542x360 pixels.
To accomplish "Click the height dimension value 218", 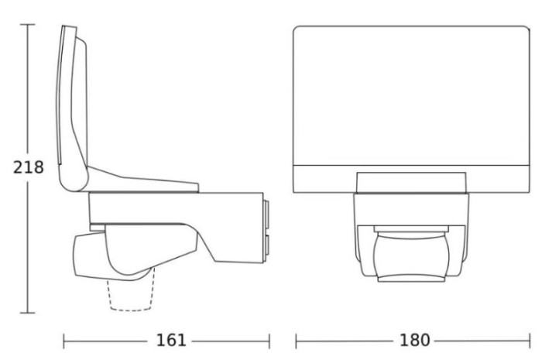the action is pyautogui.click(x=29, y=167).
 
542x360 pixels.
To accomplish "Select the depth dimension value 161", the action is pyautogui.click(x=171, y=341).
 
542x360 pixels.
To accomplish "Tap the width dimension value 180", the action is pyautogui.click(x=414, y=341).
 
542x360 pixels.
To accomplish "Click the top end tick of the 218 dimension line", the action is pyautogui.click(x=28, y=25).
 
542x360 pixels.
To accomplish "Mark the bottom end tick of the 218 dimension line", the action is pyautogui.click(x=28, y=313).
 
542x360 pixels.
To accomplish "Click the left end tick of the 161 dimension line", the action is pyautogui.click(x=64, y=341).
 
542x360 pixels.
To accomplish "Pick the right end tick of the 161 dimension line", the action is pyautogui.click(x=269, y=341).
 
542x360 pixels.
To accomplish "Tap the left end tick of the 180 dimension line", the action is pyautogui.click(x=297, y=341).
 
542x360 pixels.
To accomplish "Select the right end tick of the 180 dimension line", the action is pyautogui.click(x=530, y=341).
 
